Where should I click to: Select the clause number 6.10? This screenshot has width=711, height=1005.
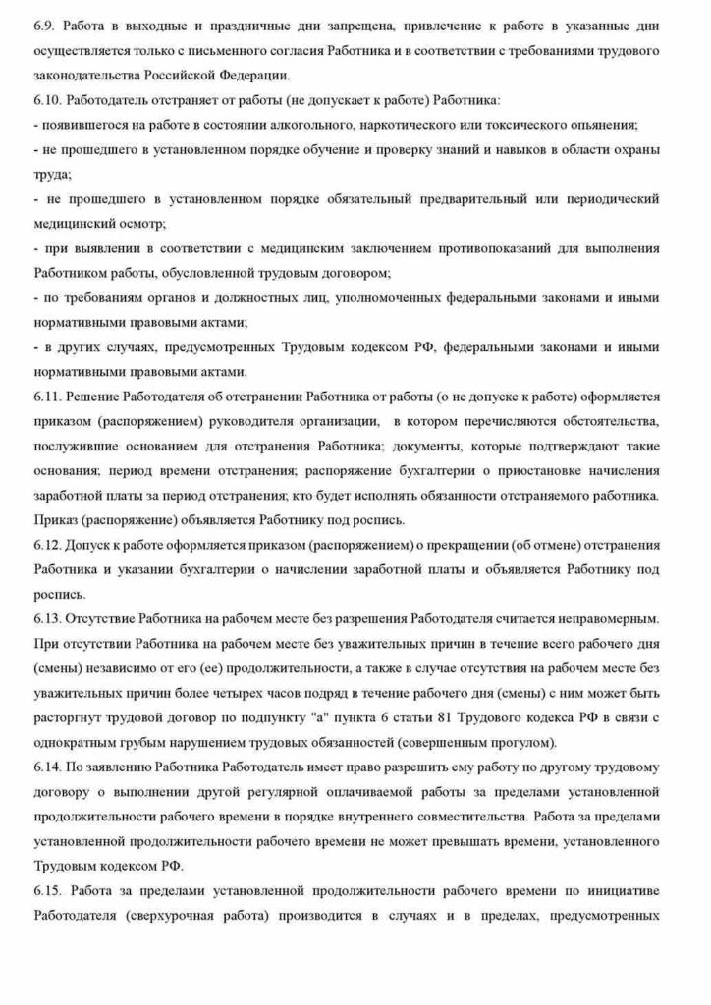[x=47, y=100]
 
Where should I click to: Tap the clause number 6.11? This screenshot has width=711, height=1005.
[x=47, y=396]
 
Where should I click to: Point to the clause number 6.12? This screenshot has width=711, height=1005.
[x=47, y=544]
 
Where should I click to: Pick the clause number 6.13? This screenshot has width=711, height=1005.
[x=47, y=618]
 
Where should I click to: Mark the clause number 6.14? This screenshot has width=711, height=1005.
[x=47, y=767]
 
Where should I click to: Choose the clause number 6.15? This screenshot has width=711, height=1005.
[x=48, y=890]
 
